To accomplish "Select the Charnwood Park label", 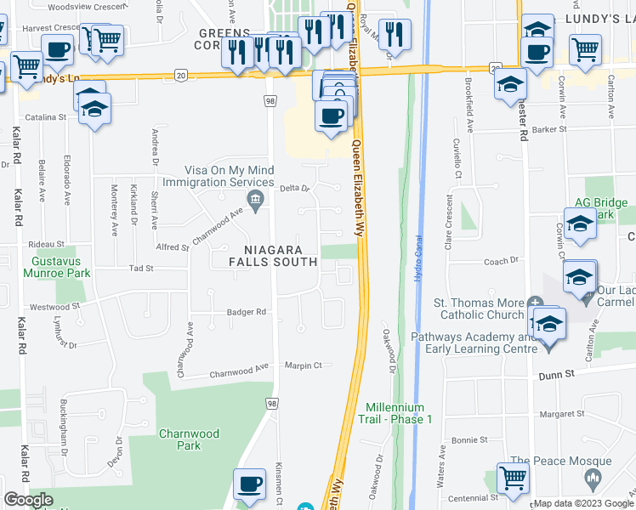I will (x=189, y=439).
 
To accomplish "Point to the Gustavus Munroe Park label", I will (x=61, y=269).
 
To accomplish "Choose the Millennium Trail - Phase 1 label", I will (x=399, y=414).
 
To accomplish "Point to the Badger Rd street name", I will (x=247, y=312).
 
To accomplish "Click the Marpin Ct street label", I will (x=304, y=365).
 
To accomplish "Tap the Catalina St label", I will (x=45, y=117).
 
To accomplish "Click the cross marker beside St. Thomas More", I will (x=535, y=303).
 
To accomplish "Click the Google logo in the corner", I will (x=28, y=500).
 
